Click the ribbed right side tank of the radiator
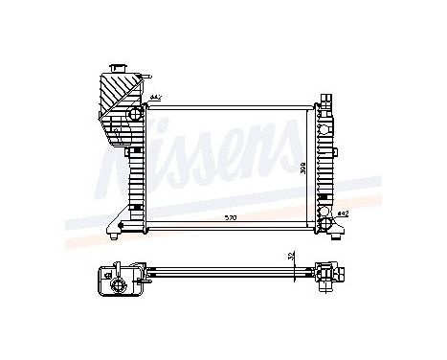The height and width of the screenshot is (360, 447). pyautogui.click(x=326, y=163)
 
